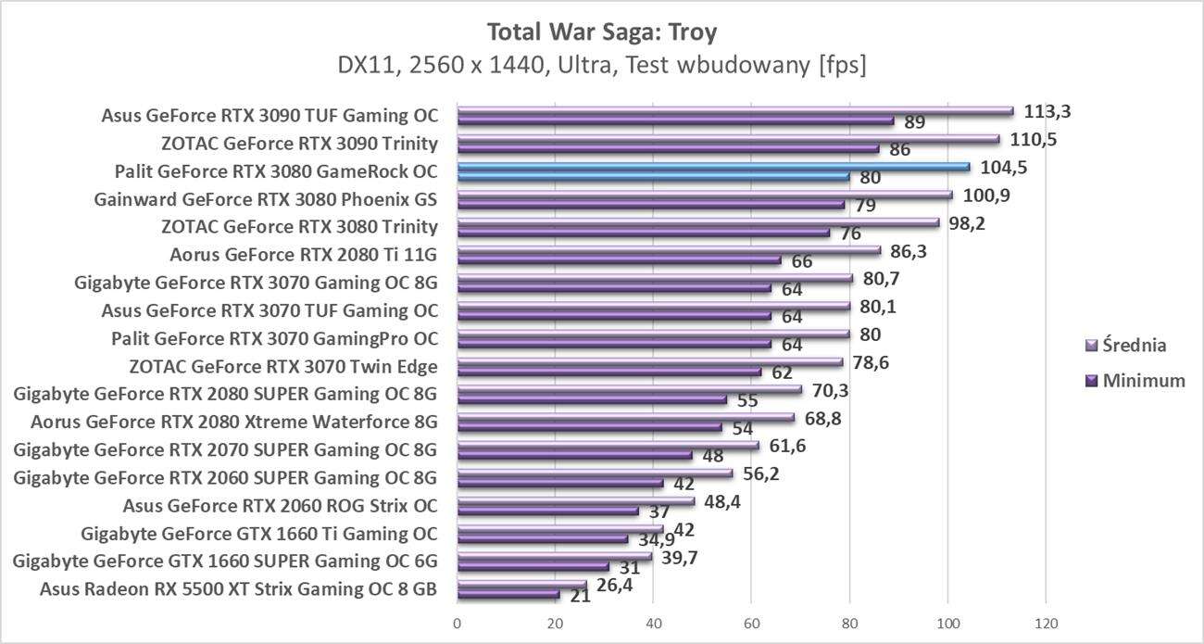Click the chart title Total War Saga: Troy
pos(602,32)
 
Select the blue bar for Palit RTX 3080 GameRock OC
pos(713,168)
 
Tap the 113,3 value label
pos(1047,112)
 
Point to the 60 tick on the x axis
pos(751,623)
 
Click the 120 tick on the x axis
pos(1046,623)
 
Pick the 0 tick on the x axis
pos(457,623)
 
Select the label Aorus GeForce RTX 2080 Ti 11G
pos(304,255)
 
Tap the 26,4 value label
pos(614,585)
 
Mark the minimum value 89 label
pos(915,122)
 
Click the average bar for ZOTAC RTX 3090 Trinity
pos(728,140)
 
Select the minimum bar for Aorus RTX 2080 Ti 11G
pos(619,261)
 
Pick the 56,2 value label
pos(761,474)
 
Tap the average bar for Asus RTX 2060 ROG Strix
pos(575,501)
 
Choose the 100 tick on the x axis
pos(947,623)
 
